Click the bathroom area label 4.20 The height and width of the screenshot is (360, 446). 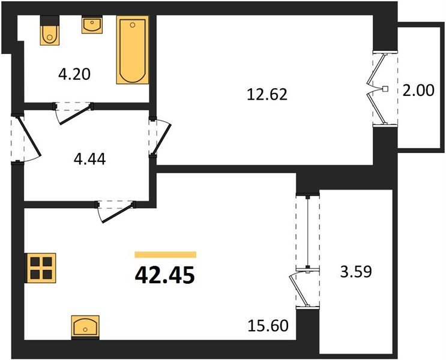point(74,74)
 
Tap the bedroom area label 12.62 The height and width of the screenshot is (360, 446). point(267,94)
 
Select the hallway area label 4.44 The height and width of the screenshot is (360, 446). point(89,159)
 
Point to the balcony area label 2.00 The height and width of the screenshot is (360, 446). point(418,91)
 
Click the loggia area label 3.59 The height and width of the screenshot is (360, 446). point(356,272)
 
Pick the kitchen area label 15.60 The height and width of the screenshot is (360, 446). point(268,326)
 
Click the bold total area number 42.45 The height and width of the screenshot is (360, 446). point(165,275)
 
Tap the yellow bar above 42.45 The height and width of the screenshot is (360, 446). point(166,254)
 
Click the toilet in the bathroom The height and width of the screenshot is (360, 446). point(50,31)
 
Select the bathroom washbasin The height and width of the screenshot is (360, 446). point(92,25)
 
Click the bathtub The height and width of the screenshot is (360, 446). point(132,50)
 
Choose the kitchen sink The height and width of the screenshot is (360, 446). point(85,327)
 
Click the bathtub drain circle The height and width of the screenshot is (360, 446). point(132,25)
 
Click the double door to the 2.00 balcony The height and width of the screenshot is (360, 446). point(378,88)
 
